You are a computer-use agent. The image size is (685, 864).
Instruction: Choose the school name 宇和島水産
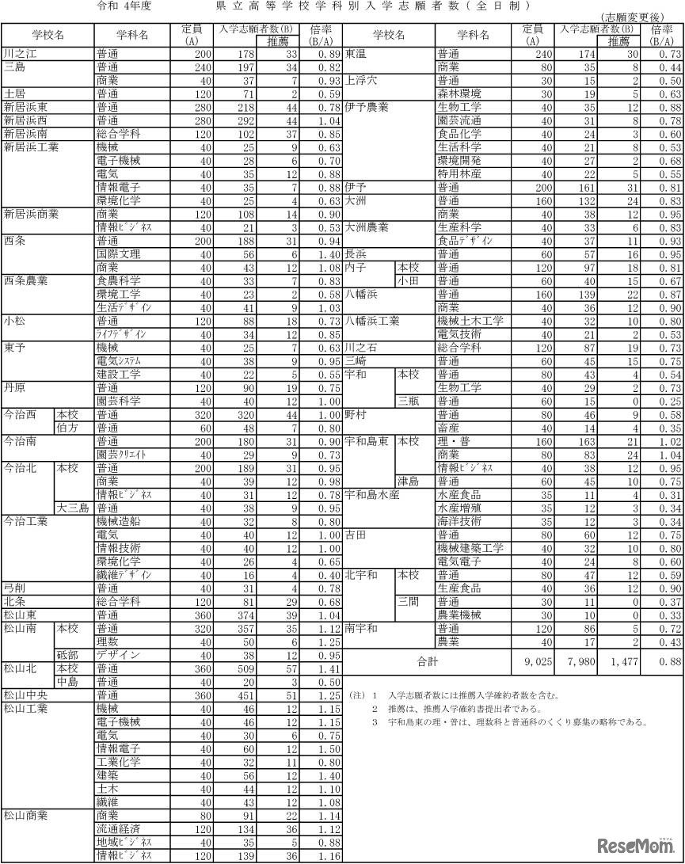coord(371,495)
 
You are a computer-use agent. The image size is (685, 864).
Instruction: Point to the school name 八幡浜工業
coord(371,322)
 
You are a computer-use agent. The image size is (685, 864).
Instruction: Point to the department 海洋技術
coord(459,521)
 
